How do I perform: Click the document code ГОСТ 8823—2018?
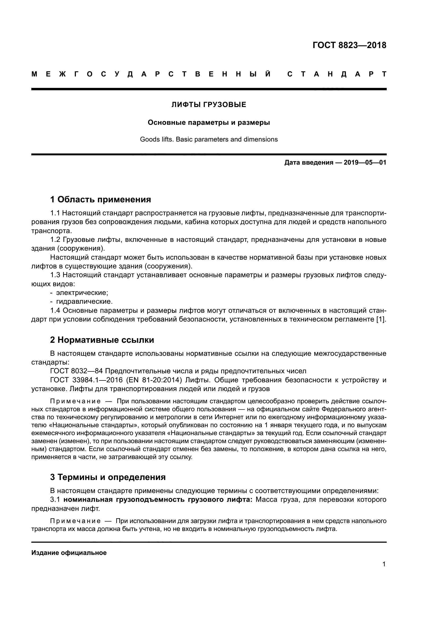pyautogui.click(x=349, y=45)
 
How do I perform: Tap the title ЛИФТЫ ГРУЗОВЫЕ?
pyautogui.click(x=209, y=105)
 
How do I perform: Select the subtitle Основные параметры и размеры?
pyautogui.click(x=209, y=122)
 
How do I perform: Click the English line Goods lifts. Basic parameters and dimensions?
pyautogui.click(x=209, y=139)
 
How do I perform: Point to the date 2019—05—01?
pyautogui.click(x=365, y=162)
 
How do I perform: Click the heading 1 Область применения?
pyautogui.click(x=101, y=200)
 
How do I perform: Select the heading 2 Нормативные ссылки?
pyautogui.click(x=102, y=340)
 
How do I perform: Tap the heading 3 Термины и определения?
pyautogui.click(x=108, y=477)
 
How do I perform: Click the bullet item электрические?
pyautogui.click(x=82, y=293)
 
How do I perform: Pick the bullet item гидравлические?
pyautogui.click(x=84, y=302)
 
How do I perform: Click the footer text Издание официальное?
pyautogui.click(x=69, y=553)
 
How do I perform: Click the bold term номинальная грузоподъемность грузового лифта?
pyautogui.click(x=158, y=500)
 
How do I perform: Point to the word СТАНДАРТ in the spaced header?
pyautogui.click(x=337, y=74)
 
